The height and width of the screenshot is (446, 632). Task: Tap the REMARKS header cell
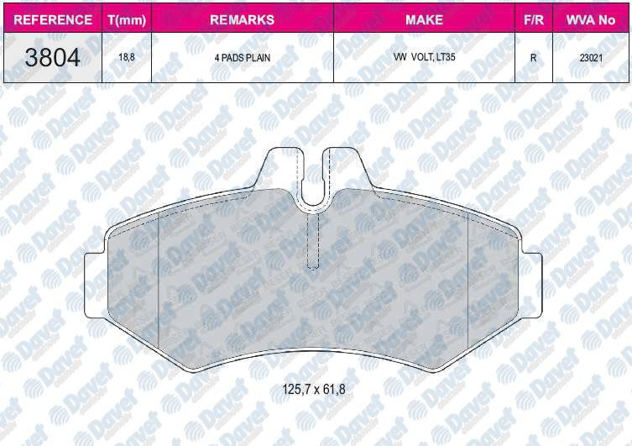tap(242, 19)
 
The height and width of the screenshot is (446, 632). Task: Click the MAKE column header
tap(424, 19)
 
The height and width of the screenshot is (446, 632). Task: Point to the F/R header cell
tap(533, 19)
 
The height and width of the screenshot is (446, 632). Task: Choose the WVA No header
tap(591, 19)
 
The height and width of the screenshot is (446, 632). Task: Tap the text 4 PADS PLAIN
tap(242, 59)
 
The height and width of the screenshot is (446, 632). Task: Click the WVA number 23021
tap(591, 59)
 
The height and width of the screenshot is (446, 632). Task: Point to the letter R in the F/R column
tap(533, 59)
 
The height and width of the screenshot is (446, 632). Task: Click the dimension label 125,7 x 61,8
tap(315, 389)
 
